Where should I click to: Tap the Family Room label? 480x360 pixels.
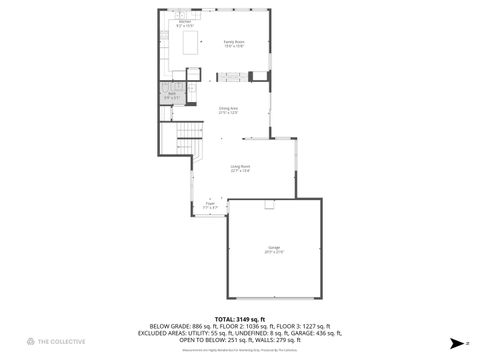pyautogui.click(x=234, y=43)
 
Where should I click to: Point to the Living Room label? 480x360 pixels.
pyautogui.click(x=240, y=168)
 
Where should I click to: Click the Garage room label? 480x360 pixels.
pyautogui.click(x=274, y=249)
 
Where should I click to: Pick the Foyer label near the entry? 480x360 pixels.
pyautogui.click(x=211, y=205)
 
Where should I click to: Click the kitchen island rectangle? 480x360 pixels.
pyautogui.click(x=185, y=42)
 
